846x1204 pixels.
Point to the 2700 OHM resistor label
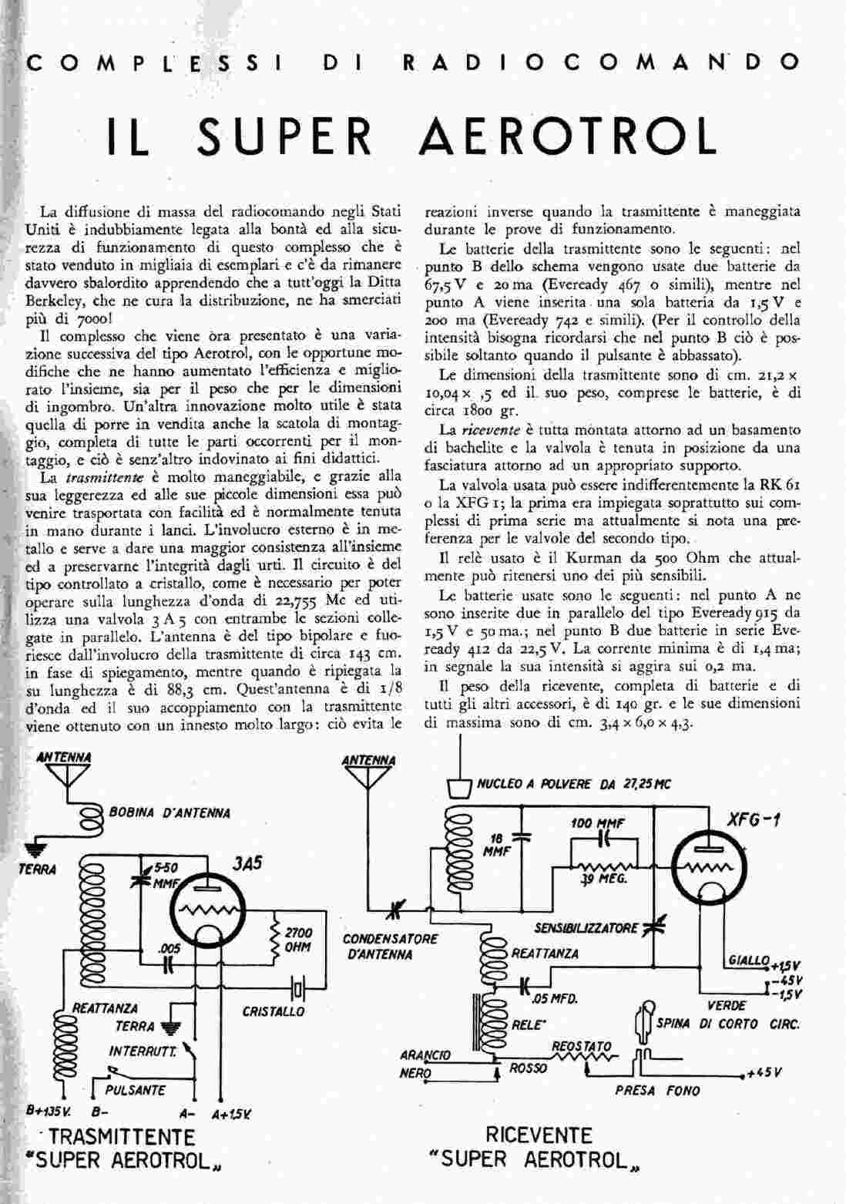tap(298, 940)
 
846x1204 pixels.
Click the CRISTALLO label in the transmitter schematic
tap(274, 1011)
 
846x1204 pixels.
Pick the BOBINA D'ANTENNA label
tap(169, 812)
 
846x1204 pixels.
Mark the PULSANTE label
tap(138, 1090)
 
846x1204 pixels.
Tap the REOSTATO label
tap(582, 1047)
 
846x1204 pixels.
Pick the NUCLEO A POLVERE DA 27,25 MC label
tap(574, 785)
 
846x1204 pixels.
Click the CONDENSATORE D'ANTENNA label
tap(390, 947)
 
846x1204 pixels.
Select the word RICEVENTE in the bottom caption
tap(539, 1135)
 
